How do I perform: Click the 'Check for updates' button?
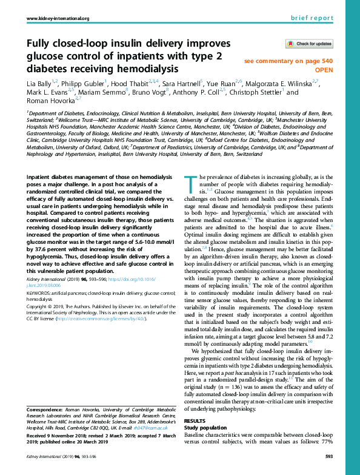[309, 44]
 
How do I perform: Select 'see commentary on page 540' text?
[288, 61]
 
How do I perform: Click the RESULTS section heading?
[194, 420]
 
